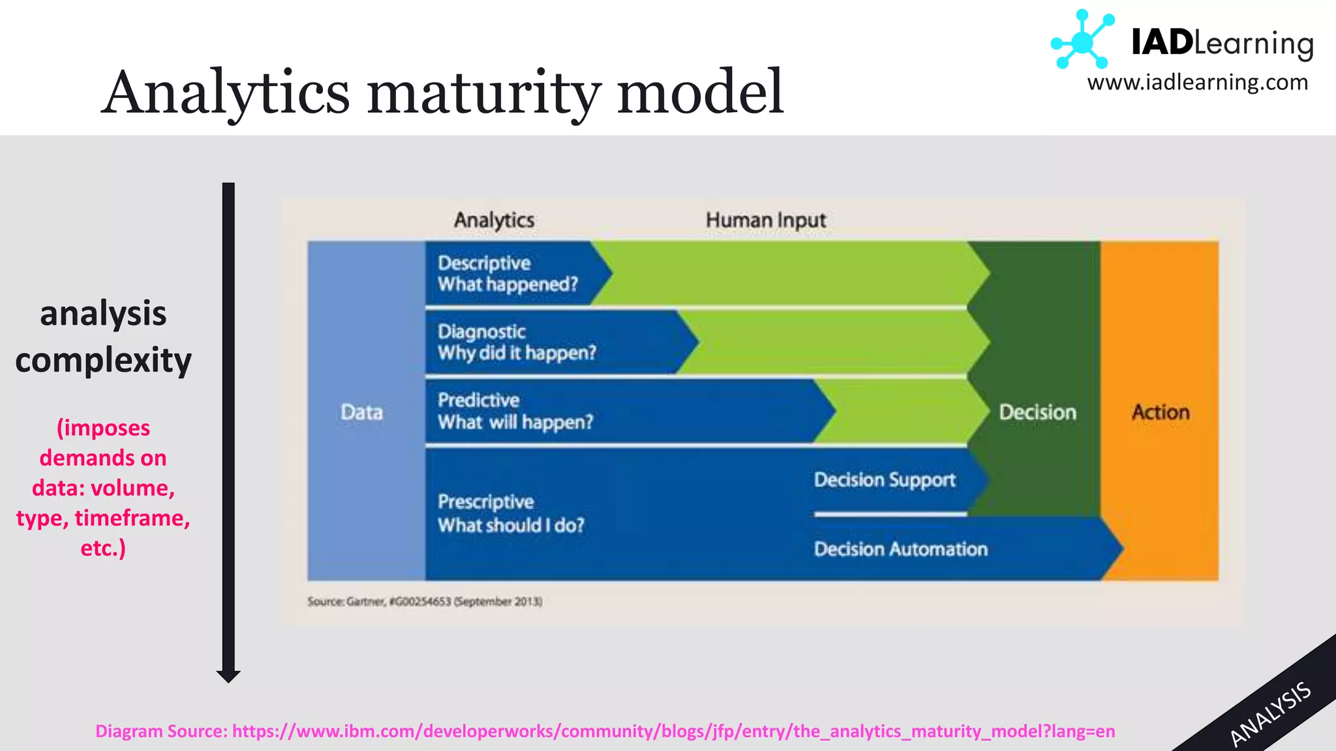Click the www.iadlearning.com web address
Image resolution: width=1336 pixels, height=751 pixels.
pyautogui.click(x=1197, y=83)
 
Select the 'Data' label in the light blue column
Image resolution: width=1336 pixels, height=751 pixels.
pyautogui.click(x=361, y=412)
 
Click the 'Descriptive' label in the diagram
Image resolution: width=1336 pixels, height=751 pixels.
pyautogui.click(x=484, y=263)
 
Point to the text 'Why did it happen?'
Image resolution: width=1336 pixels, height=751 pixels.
pyautogui.click(x=517, y=353)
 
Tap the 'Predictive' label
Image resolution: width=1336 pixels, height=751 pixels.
pyautogui.click(x=478, y=400)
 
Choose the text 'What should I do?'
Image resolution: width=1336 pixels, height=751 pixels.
pyautogui.click(x=511, y=525)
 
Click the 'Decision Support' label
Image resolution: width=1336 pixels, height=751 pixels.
pyautogui.click(x=885, y=480)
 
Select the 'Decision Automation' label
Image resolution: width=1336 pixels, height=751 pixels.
pyautogui.click(x=900, y=550)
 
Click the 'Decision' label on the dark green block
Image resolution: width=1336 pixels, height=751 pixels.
pyautogui.click(x=1037, y=412)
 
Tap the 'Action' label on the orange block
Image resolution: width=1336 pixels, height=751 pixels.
pyautogui.click(x=1160, y=412)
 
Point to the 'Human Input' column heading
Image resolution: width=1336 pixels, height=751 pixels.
pyautogui.click(x=765, y=220)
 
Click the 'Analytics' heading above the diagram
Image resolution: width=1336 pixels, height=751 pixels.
pyautogui.click(x=494, y=220)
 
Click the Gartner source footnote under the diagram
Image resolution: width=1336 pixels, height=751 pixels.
pyautogui.click(x=425, y=601)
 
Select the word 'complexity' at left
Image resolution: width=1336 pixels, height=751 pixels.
pyautogui.click(x=103, y=361)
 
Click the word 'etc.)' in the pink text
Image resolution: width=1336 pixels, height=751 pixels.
pyautogui.click(x=103, y=548)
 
